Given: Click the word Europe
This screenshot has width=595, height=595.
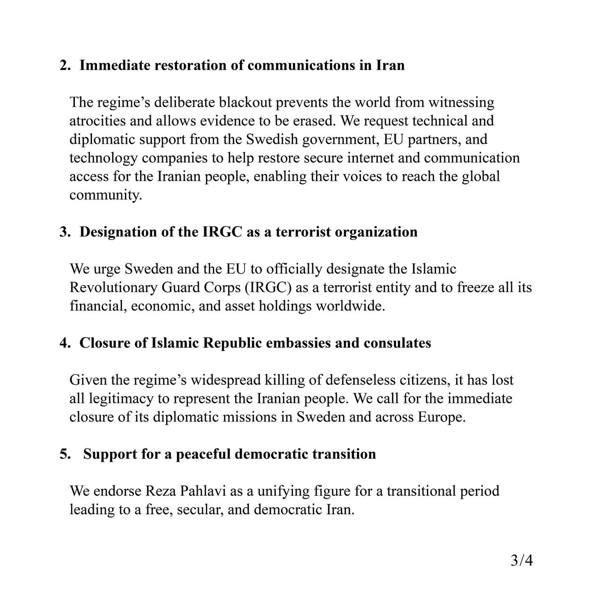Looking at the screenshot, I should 443,417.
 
